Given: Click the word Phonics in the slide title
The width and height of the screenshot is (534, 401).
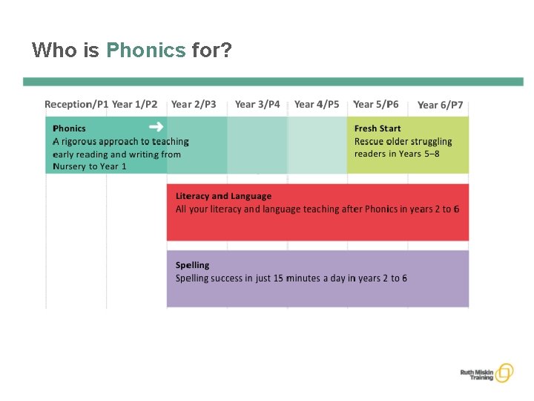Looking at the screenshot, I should pos(145,50).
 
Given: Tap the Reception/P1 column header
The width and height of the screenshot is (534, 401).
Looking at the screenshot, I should pos(76,105).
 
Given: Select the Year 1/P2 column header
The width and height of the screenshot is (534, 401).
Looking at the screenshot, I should pos(135,105).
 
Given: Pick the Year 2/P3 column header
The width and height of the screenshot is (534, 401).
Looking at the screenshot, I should pos(194,105).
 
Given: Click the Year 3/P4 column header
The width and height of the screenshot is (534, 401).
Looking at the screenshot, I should pos(257,105).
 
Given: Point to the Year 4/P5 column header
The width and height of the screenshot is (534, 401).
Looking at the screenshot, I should pos(317,105).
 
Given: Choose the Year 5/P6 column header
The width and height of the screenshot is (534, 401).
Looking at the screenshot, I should pos(376,105).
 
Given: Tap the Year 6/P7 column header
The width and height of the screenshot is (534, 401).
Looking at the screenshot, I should pos(440,105).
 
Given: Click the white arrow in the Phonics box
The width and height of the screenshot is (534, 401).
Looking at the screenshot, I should pos(156,126).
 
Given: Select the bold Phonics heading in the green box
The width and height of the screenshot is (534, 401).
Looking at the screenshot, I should pos(69,128).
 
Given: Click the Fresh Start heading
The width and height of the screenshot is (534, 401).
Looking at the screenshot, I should pos(378,128).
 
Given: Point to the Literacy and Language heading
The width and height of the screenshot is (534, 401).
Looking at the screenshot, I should pos(223,196).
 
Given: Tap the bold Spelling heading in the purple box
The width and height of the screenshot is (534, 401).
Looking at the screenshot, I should pos(192,265).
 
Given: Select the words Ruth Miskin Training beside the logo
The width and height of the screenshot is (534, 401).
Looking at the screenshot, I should pos(476,373).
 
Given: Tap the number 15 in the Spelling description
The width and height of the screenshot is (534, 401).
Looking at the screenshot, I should pos(279,278).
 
